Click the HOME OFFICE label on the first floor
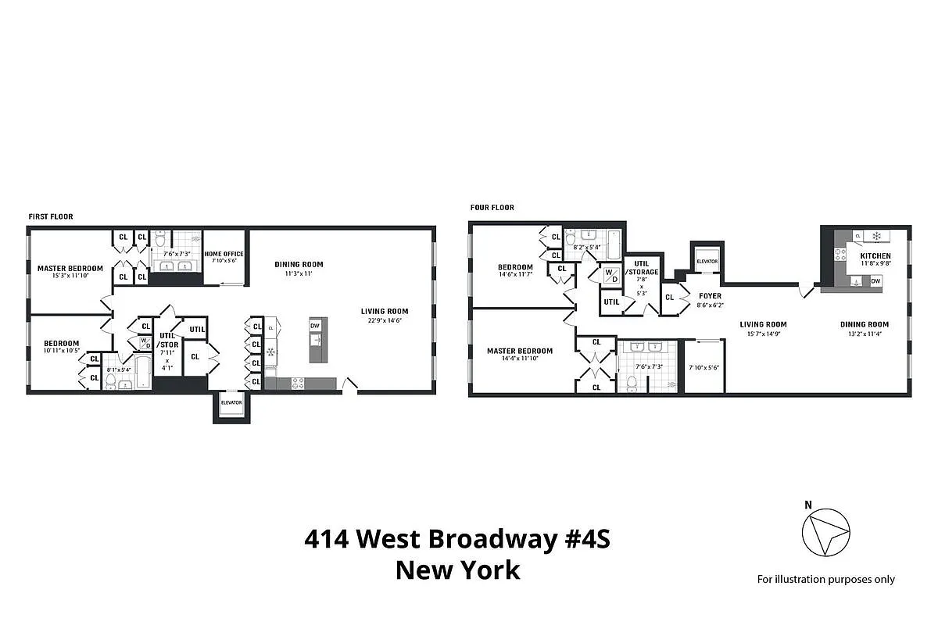(224, 254)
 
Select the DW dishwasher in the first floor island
(315, 326)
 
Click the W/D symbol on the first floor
(145, 342)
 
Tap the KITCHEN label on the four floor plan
(875, 256)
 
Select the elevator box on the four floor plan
(707, 261)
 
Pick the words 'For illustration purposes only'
(825, 580)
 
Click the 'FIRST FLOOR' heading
(51, 216)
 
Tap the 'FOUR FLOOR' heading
(492, 208)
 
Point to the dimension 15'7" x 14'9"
(764, 334)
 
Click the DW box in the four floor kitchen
(875, 281)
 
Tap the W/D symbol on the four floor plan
(610, 276)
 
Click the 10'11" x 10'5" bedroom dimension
(61, 350)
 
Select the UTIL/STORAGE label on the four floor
(642, 267)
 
